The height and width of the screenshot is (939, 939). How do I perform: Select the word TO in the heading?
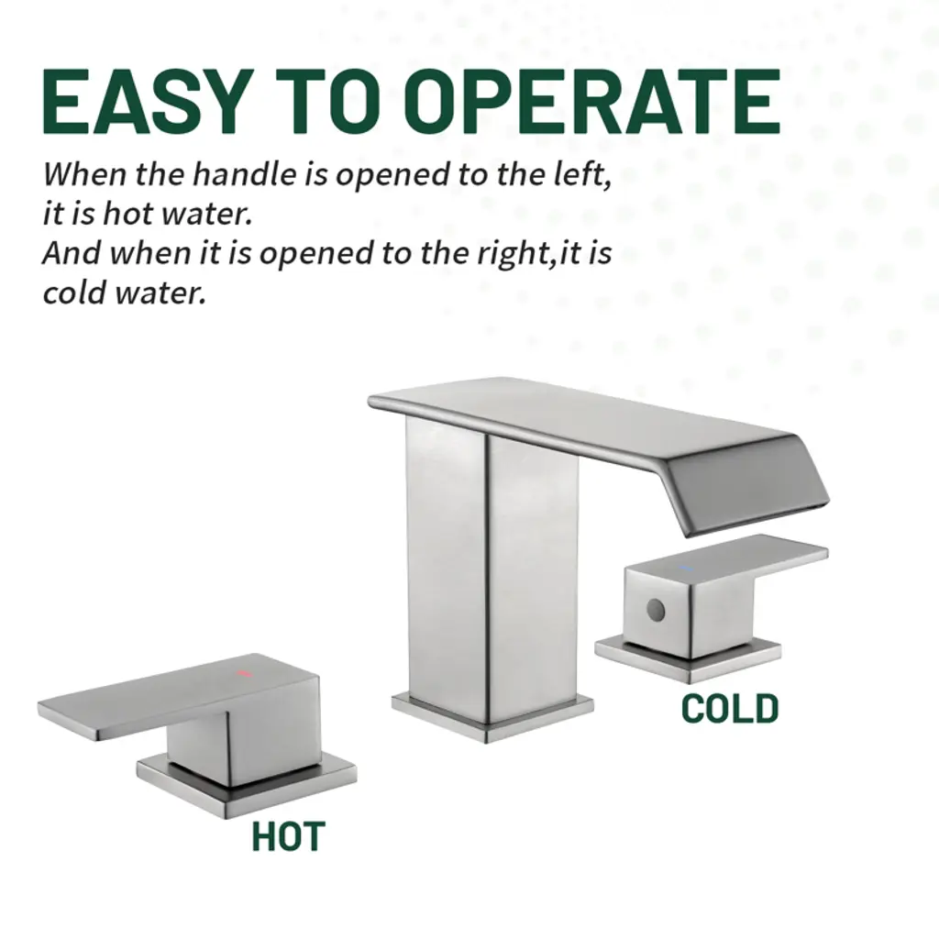point(327,101)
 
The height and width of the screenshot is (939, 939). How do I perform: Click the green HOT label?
point(288,836)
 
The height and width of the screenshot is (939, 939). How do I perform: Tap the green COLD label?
point(730,709)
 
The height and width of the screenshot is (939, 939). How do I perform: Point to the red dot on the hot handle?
point(243,673)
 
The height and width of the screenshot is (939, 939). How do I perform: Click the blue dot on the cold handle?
point(686,567)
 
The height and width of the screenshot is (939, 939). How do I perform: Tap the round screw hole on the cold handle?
point(657,611)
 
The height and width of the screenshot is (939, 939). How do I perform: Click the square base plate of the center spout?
point(492,719)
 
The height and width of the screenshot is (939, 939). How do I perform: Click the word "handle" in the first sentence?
point(244,174)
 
